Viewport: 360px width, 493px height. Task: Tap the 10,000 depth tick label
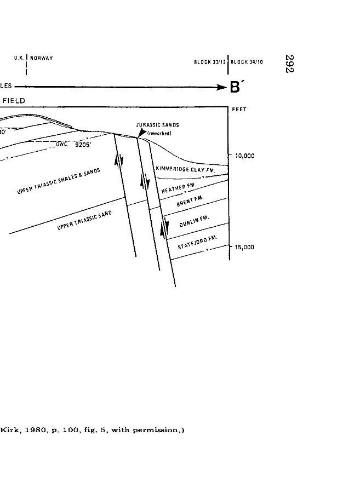(244, 156)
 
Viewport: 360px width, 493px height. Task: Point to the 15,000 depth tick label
(244, 247)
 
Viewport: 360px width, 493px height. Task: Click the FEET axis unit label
(239, 110)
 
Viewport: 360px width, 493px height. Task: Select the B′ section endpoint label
(236, 88)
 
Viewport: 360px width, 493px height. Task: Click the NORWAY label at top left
(42, 59)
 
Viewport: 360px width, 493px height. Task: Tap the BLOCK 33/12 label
(210, 62)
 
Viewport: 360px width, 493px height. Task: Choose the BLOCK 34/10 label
(247, 62)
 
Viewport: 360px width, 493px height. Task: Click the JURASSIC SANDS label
(157, 125)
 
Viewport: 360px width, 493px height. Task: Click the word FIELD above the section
(14, 101)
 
